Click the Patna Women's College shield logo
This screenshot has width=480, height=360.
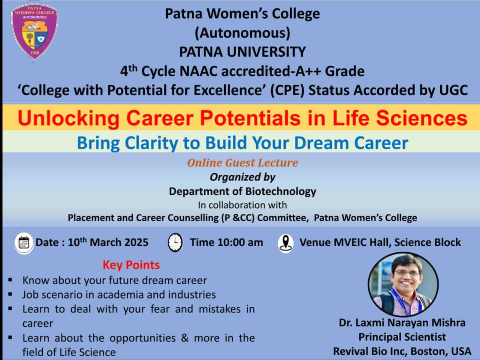pos(34,32)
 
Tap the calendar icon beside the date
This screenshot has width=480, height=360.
pos(24,243)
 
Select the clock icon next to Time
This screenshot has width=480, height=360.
pos(175,242)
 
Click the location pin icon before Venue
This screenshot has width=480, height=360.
pos(286,243)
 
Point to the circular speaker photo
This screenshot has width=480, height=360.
pos(403,285)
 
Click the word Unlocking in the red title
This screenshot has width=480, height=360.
pos(69,118)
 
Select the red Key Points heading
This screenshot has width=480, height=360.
pos(131,265)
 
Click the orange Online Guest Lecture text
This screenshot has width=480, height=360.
pos(243,163)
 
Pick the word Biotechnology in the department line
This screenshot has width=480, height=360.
pos(281,192)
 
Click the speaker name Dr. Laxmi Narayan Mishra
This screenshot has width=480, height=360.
pos(402,322)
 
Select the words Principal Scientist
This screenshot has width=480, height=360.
pos(402,337)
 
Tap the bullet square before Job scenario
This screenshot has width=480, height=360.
pos(10,294)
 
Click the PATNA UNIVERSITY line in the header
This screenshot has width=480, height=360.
pos(243,52)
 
